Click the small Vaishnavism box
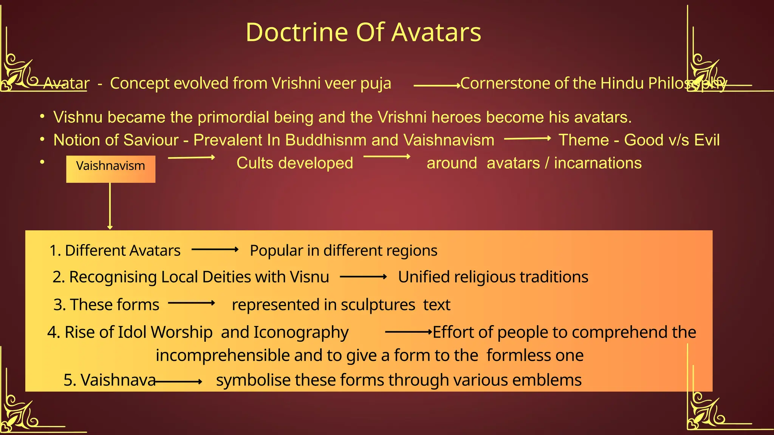click(x=110, y=169)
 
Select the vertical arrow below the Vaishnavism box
click(x=110, y=206)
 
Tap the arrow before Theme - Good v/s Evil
click(x=527, y=139)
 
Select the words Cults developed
click(x=294, y=163)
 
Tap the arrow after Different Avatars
click(x=215, y=249)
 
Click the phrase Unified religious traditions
click(x=493, y=277)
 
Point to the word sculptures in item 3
click(x=378, y=305)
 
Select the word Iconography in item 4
click(x=301, y=332)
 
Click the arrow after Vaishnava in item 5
click(x=178, y=382)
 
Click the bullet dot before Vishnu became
click(x=43, y=116)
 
